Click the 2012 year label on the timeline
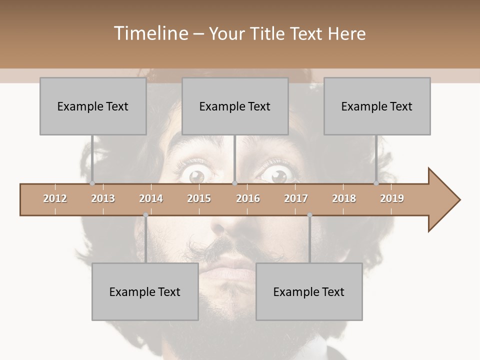[55, 198]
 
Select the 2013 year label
[103, 198]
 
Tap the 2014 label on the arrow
[151, 198]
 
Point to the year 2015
[199, 198]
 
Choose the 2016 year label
[248, 198]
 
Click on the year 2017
[296, 198]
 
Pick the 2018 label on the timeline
[344, 198]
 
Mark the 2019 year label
[392, 198]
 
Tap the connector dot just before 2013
[92, 183]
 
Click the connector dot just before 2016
[234, 183]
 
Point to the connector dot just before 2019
[376, 183]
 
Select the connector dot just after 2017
[309, 215]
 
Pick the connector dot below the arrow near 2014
[145, 215]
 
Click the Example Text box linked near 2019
[377, 106]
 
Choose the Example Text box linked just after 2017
[309, 291]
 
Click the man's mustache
[225, 246]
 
